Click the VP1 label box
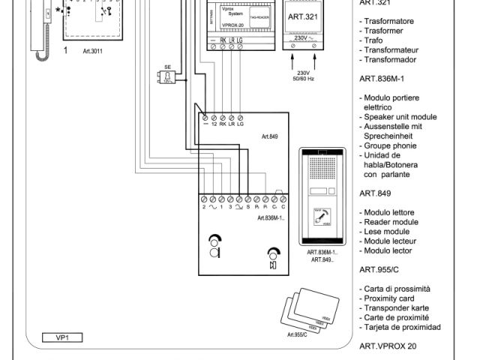click(x=62, y=338)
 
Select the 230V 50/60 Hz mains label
click(x=305, y=76)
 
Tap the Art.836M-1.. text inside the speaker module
click(x=271, y=218)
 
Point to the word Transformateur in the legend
click(x=398, y=50)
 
